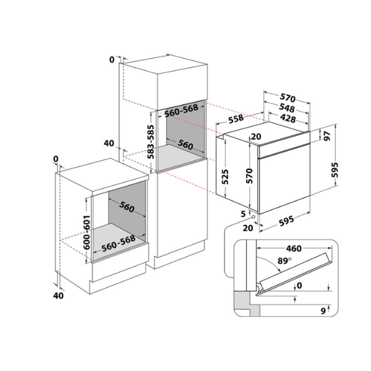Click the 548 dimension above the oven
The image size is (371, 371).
click(x=287, y=108)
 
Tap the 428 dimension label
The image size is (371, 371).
click(x=288, y=118)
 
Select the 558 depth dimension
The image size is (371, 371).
click(x=236, y=119)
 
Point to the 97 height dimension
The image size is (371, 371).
click(x=327, y=136)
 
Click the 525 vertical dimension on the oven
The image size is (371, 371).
click(x=225, y=176)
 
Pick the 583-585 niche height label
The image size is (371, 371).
click(x=150, y=142)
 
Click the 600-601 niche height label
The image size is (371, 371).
click(x=87, y=232)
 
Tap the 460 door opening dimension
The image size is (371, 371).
click(x=294, y=249)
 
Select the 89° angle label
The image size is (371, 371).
click(x=284, y=261)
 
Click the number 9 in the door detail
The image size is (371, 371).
click(x=323, y=311)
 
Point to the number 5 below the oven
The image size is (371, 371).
click(x=243, y=214)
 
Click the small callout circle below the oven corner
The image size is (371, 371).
click(x=254, y=217)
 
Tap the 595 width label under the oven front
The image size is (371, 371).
click(x=286, y=221)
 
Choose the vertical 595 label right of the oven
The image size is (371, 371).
click(x=335, y=169)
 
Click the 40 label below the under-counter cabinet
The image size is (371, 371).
click(x=58, y=296)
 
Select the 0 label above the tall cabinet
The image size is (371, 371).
click(x=112, y=59)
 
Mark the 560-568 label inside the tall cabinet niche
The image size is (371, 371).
click(x=181, y=111)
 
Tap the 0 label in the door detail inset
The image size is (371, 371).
click(x=299, y=286)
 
